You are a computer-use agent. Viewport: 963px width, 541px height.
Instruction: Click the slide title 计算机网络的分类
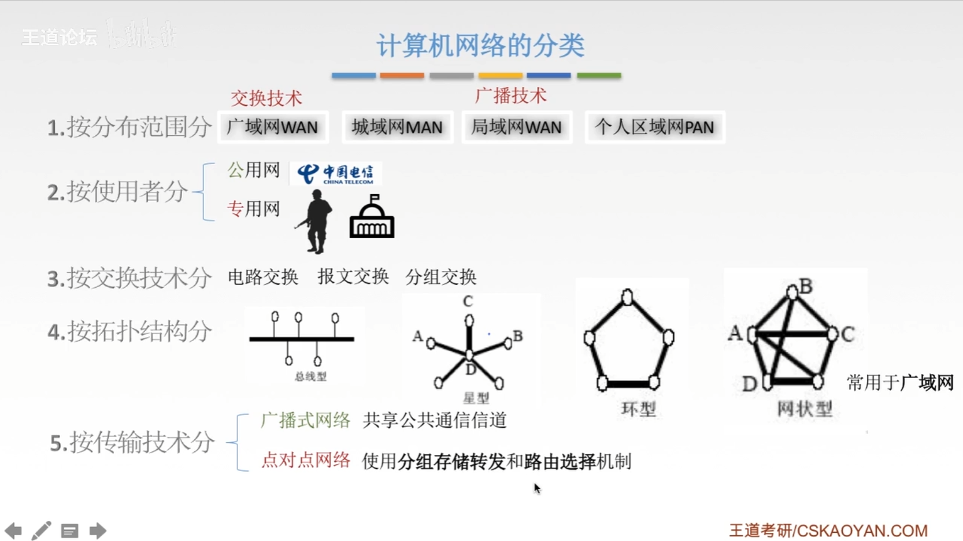pyautogui.click(x=480, y=45)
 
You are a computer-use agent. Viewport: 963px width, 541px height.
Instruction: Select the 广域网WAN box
pyautogui.click(x=272, y=127)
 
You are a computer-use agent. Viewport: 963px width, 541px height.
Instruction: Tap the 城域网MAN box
pyautogui.click(x=397, y=127)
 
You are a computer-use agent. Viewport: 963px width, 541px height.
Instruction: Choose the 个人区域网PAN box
pyautogui.click(x=654, y=127)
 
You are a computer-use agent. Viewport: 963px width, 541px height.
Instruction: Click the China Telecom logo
pyautogui.click(x=335, y=173)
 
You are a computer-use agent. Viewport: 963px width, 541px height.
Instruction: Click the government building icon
pyautogui.click(x=372, y=217)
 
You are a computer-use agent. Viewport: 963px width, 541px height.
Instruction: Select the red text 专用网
pyautogui.click(x=253, y=209)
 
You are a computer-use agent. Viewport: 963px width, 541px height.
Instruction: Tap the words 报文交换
pyautogui.click(x=353, y=277)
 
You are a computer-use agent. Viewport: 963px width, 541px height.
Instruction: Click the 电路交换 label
pyautogui.click(x=263, y=277)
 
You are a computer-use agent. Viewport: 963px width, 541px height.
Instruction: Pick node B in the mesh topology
pyautogui.click(x=792, y=292)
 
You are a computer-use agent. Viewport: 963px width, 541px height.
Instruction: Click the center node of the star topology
pyautogui.click(x=469, y=354)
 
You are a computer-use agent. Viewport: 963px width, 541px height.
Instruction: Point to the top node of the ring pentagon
pyautogui.click(x=627, y=298)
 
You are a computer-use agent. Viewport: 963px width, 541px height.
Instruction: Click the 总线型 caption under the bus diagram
pyautogui.click(x=310, y=377)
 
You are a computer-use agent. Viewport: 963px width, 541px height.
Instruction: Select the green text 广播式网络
pyautogui.click(x=305, y=420)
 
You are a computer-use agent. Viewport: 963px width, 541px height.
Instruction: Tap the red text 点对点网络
pyautogui.click(x=305, y=460)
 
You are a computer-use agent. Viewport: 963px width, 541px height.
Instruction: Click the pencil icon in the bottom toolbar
pyautogui.click(x=41, y=531)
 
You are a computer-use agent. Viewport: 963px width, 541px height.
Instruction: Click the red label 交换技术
pyautogui.click(x=266, y=98)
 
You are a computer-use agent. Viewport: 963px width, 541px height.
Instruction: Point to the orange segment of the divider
pyautogui.click(x=402, y=76)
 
